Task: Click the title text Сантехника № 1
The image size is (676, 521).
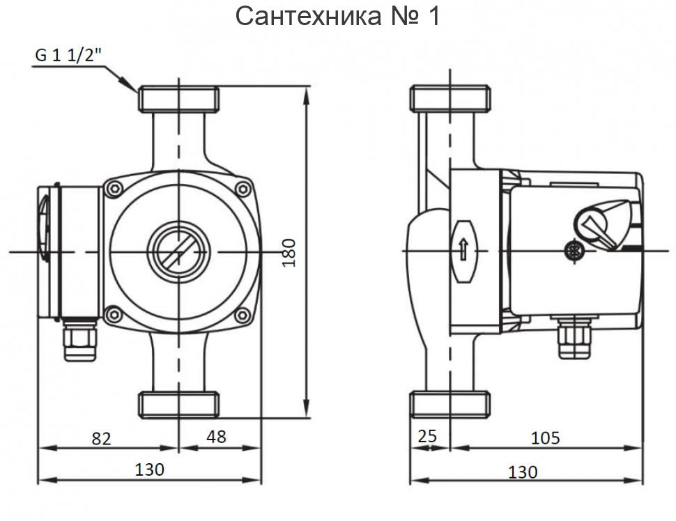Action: pos(338,15)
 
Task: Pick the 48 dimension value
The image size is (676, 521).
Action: pos(217,437)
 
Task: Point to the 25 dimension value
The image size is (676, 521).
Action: pos(427,437)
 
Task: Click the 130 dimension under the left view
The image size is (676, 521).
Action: pos(149,469)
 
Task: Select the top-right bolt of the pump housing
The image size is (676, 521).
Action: pos(243,188)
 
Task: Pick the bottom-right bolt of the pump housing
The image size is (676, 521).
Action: pos(243,315)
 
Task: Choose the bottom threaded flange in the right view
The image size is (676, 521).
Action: pos(450,405)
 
